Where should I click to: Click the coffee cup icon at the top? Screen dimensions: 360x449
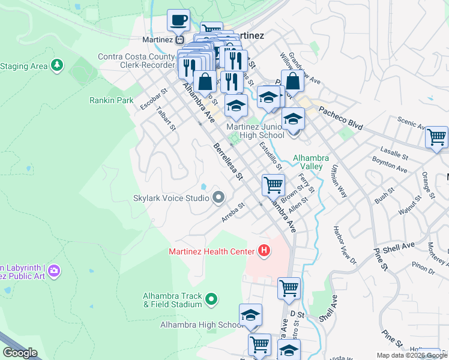point(178,20)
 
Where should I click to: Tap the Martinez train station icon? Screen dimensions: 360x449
point(179,40)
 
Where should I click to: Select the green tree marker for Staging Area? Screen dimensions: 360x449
point(57,65)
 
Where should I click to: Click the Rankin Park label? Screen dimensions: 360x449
point(112,100)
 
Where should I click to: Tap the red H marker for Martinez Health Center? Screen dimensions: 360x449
point(263,250)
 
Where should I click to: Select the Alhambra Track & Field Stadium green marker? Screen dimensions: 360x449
point(211,298)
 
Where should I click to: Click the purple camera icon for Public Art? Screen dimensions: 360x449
point(54,271)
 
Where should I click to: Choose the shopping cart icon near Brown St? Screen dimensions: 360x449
point(273,185)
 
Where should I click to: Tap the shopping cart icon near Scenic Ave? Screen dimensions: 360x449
point(436,137)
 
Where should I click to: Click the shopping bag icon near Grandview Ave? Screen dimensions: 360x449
point(292,81)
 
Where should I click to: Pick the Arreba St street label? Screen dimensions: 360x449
point(234,213)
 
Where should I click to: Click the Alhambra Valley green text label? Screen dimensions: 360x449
point(310,162)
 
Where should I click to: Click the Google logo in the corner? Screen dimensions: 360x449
point(20,353)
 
